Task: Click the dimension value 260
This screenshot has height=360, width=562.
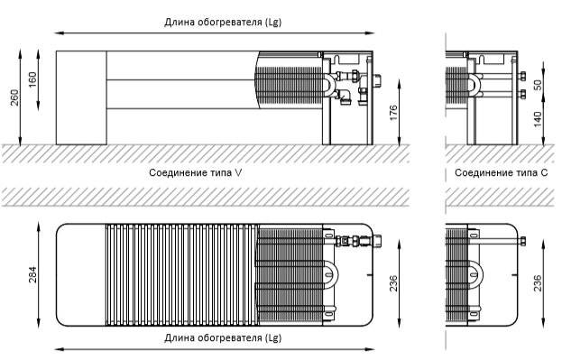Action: (x=14, y=97)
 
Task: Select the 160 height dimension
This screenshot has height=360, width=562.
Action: (x=32, y=80)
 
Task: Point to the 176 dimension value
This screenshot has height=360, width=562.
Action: (x=393, y=113)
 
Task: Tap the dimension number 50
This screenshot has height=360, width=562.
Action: (x=538, y=85)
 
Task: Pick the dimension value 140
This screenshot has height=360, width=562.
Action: (x=538, y=119)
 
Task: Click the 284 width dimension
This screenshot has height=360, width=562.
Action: (x=32, y=274)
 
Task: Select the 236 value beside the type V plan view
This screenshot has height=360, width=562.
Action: (x=393, y=283)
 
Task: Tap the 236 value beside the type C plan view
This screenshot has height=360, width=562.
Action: (x=538, y=283)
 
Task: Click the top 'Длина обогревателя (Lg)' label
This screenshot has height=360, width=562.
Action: (x=223, y=23)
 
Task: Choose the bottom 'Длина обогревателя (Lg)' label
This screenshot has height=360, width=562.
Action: (x=223, y=337)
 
